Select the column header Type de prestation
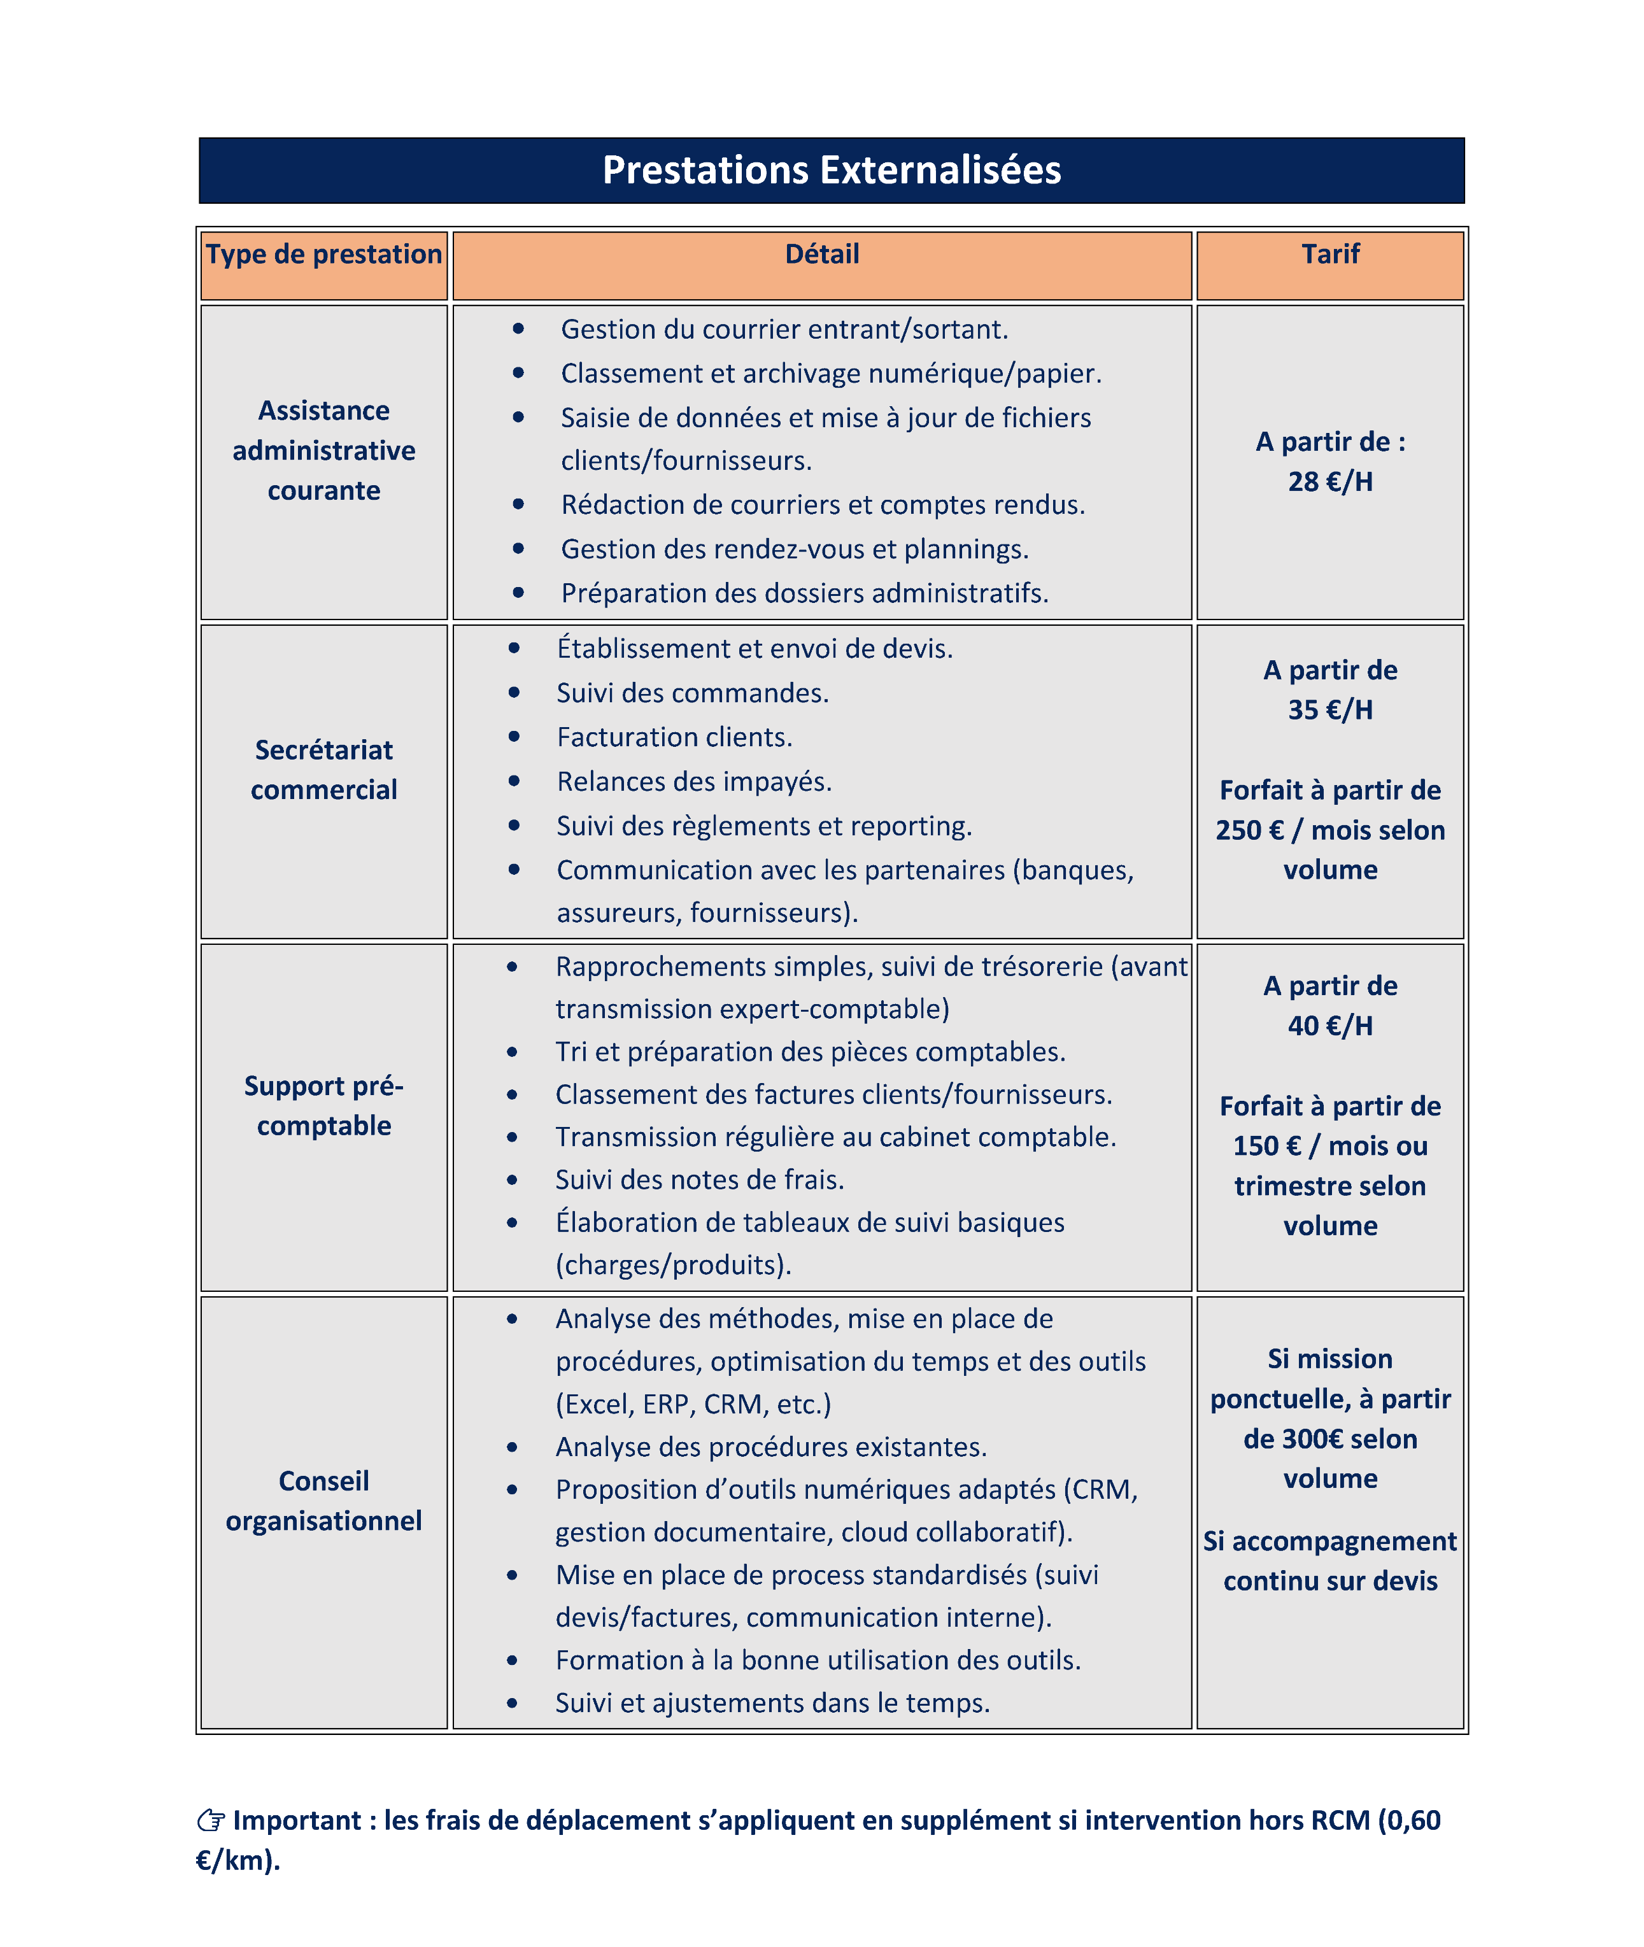point(323,255)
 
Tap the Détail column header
point(821,255)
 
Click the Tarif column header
point(1330,255)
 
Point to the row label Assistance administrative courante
point(323,450)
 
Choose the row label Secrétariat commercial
point(323,770)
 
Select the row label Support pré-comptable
point(323,1105)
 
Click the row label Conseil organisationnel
point(323,1501)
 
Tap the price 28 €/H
point(1330,482)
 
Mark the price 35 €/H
point(1330,710)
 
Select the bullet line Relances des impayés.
point(693,782)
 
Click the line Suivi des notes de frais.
point(699,1180)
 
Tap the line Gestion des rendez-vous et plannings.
point(794,549)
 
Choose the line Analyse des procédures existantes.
point(770,1447)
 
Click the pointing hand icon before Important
point(211,1820)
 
